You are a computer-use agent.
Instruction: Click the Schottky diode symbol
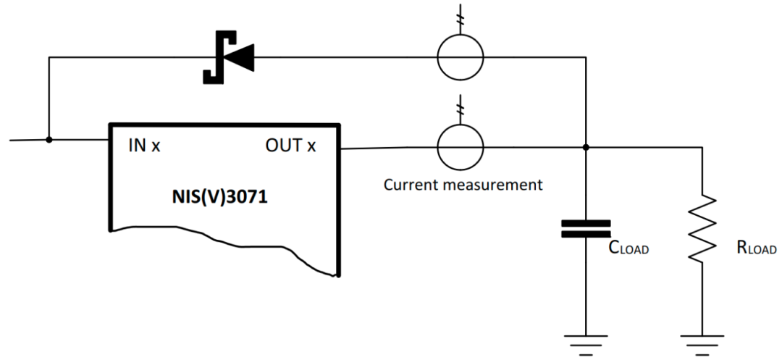tap(228, 57)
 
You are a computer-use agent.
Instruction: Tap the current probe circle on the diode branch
tap(461, 56)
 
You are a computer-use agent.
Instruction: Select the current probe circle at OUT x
tap(461, 147)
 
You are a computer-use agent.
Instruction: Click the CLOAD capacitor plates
tap(586, 229)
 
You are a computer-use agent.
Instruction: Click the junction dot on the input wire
tap(49, 139)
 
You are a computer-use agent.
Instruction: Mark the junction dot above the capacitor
tap(586, 147)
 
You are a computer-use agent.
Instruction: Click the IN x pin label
tap(144, 146)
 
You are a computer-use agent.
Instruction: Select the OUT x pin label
tap(291, 146)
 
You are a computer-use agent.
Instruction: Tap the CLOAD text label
tap(628, 248)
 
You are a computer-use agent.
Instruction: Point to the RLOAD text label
tap(756, 248)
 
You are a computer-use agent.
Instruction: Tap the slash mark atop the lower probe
tap(461, 108)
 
